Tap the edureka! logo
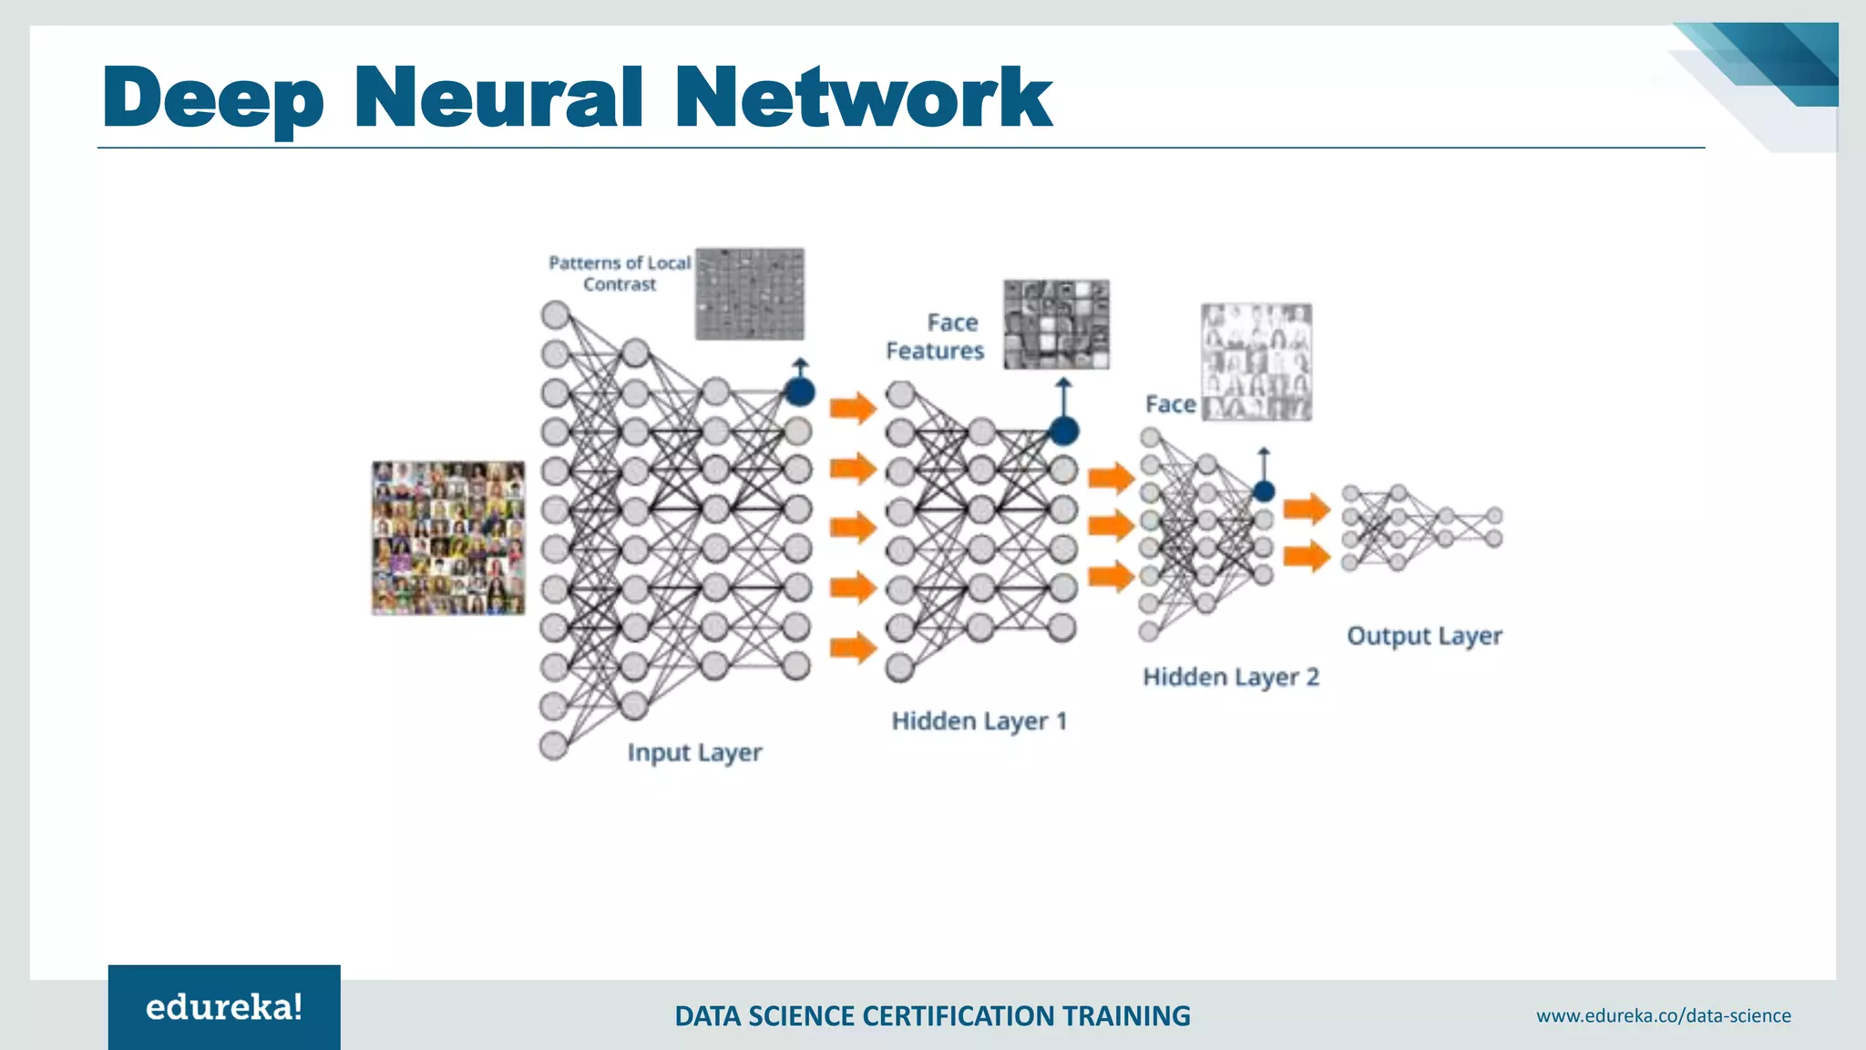[224, 1007]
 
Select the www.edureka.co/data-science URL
[1663, 1015]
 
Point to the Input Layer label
[694, 753]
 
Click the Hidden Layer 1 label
[979, 721]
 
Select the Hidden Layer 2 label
[1230, 677]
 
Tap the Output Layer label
[1424, 635]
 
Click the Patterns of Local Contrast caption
[620, 273]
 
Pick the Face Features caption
[936, 336]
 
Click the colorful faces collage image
[448, 538]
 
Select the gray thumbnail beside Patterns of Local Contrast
[750, 293]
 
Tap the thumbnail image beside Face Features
[1056, 324]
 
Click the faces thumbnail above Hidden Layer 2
[1256, 362]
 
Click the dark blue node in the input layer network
[799, 393]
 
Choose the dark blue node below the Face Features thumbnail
[1063, 431]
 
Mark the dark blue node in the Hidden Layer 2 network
[1263, 491]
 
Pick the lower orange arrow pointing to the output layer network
[1307, 555]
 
